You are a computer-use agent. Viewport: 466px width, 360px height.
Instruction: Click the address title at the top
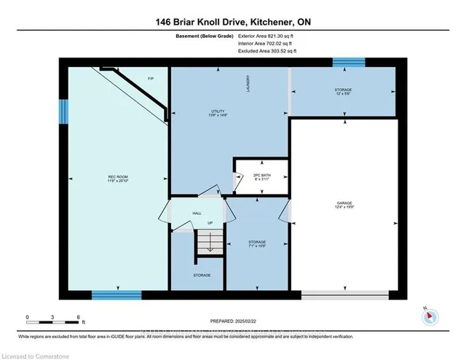232,23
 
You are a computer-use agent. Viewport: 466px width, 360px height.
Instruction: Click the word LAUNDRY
248,82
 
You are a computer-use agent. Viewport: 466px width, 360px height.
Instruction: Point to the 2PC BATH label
258,176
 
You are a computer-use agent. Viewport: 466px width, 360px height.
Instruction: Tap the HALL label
196,213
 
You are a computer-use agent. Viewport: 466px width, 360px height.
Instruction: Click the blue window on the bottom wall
116,294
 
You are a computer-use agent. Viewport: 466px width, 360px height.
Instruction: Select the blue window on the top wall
342,63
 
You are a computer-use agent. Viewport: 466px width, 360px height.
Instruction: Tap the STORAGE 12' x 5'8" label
342,92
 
